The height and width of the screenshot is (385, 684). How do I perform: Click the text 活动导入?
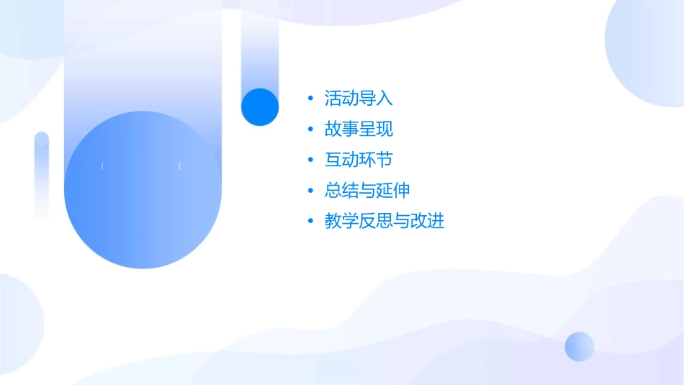(x=359, y=99)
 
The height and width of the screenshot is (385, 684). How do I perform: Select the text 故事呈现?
(x=359, y=130)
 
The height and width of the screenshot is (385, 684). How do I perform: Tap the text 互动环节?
(x=359, y=160)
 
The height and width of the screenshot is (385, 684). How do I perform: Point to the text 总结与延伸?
(x=367, y=191)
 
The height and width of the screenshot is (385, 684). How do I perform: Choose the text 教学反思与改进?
(x=384, y=221)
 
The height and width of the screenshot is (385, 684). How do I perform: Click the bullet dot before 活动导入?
(x=310, y=99)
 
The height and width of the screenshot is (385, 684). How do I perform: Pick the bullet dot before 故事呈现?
(x=310, y=130)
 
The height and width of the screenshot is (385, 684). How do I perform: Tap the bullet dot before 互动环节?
(x=310, y=160)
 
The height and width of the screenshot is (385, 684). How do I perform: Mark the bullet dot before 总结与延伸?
(x=310, y=191)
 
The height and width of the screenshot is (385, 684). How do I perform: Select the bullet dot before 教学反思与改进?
(x=310, y=221)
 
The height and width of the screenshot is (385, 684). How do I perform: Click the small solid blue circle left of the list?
(x=260, y=107)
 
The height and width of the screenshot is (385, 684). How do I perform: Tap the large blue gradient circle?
(x=143, y=190)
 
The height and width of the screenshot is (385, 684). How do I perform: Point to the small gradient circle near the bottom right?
(x=580, y=346)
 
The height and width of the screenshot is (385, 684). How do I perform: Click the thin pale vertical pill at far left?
(x=42, y=174)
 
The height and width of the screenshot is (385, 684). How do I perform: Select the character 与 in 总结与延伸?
(x=367, y=191)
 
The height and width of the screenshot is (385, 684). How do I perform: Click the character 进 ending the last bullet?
(x=436, y=221)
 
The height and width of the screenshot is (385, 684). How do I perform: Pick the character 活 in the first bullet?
(x=333, y=99)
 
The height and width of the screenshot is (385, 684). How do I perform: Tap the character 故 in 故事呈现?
(x=333, y=130)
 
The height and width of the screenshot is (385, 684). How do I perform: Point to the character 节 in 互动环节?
(x=384, y=160)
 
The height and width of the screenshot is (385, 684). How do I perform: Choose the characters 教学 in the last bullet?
(x=341, y=221)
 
